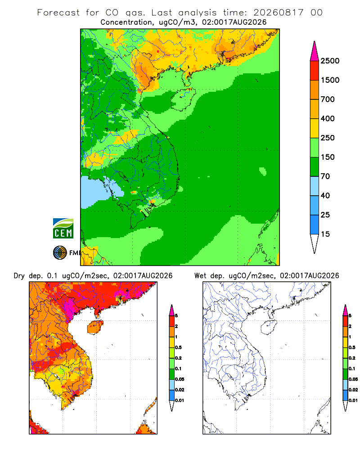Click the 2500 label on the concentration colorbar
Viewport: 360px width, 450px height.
[x=330, y=61]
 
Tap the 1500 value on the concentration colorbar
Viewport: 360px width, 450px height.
[x=330, y=80]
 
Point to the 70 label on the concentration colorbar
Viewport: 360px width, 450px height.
[x=325, y=176]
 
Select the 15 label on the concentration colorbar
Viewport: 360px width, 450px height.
[x=325, y=234]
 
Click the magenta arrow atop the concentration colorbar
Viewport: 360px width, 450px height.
[x=315, y=52]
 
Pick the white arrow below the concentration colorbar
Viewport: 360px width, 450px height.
[x=315, y=243]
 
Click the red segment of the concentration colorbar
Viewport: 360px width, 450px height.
[x=315, y=71]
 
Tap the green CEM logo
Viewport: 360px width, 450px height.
[x=63, y=229]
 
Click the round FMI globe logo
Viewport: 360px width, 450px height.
[x=60, y=253]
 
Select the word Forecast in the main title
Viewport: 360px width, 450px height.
[x=58, y=13]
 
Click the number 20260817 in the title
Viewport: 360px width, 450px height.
[x=278, y=13]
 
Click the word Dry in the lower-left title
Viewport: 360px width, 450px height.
[x=19, y=276]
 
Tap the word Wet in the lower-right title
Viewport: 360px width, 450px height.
[x=200, y=276]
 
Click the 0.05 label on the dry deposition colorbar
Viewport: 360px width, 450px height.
[x=180, y=379]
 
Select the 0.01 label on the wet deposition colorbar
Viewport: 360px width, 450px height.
[x=353, y=400]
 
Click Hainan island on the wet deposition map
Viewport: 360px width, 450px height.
[x=269, y=328]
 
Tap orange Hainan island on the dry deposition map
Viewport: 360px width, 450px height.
[x=95, y=328]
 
